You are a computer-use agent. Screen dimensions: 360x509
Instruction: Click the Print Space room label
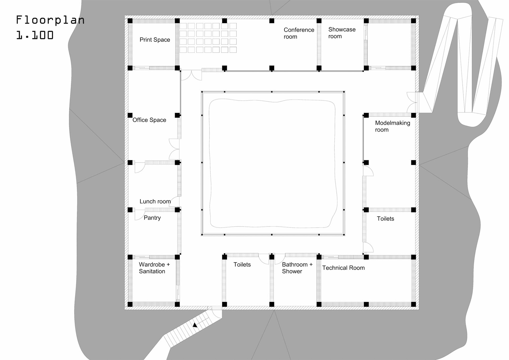(155, 40)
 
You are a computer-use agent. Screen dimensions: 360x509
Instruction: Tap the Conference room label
(299, 33)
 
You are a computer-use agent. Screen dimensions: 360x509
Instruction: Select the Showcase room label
(342, 33)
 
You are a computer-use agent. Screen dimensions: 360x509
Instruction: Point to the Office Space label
(149, 120)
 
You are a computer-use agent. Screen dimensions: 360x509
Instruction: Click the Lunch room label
(155, 201)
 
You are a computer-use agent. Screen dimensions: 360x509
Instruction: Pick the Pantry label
(152, 218)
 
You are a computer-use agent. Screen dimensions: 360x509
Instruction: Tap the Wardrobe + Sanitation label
(154, 268)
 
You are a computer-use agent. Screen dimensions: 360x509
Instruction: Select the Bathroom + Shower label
(297, 268)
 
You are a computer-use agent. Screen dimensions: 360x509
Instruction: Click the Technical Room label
(343, 268)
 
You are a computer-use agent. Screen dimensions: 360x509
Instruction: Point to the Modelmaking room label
(392, 126)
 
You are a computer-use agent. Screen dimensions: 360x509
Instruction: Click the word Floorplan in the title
(50, 20)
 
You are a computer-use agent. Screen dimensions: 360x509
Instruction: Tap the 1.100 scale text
(35, 35)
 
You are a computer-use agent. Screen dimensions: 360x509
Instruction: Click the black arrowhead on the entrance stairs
(195, 325)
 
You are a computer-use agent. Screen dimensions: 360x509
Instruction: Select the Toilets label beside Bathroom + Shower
(242, 264)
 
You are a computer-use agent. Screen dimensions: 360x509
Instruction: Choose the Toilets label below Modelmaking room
(385, 219)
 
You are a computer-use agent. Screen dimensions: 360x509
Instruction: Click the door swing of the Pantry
(139, 215)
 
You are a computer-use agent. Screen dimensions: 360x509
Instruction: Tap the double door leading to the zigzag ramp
(412, 102)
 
